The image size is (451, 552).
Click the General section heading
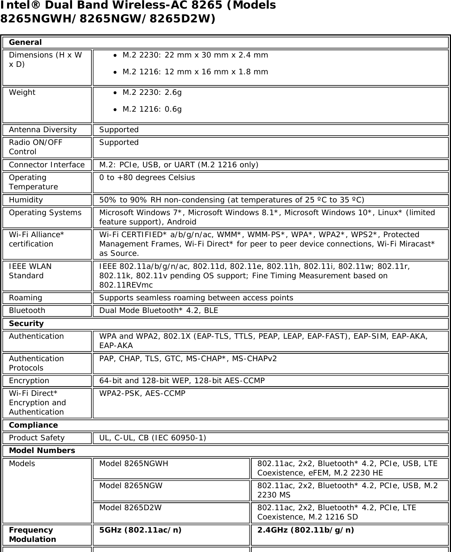coord(25,42)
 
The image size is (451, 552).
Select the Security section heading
coord(26,323)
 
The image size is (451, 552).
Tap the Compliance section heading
coord(33,425)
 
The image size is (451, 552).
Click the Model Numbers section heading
coord(42,450)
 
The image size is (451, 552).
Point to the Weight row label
coord(22,92)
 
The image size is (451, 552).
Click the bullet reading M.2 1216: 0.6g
coord(152,109)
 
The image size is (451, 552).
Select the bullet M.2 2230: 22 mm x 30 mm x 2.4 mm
coord(195,55)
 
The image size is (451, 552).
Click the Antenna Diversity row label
coord(43,130)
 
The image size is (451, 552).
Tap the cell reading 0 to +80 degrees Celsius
coord(147,177)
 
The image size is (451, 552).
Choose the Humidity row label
coord(26,200)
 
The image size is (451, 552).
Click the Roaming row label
coord(25,298)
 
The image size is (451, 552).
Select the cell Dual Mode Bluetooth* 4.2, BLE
coord(159,310)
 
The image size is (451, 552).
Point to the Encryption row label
coord(29,381)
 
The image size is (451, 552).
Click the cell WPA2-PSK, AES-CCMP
coord(142,393)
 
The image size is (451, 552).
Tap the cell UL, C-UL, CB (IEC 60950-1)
coord(152,438)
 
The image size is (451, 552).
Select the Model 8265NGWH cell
coord(134,463)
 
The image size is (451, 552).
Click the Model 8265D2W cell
coord(130,508)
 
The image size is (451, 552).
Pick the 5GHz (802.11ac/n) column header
coord(140,530)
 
